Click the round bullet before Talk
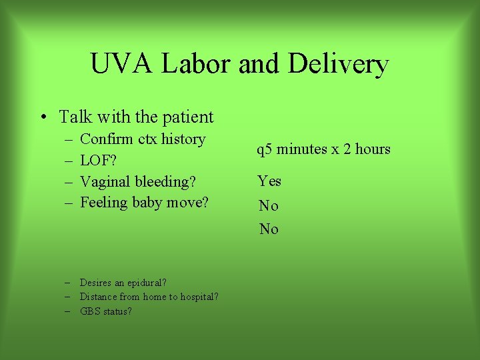pyautogui.click(x=42, y=118)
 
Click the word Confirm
pyautogui.click(x=107, y=139)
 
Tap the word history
pyautogui.click(x=183, y=139)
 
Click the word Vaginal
pyautogui.click(x=105, y=181)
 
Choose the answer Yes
pyautogui.click(x=269, y=181)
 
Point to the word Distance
pyautogui.click(x=99, y=297)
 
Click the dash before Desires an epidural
pyautogui.click(x=69, y=283)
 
